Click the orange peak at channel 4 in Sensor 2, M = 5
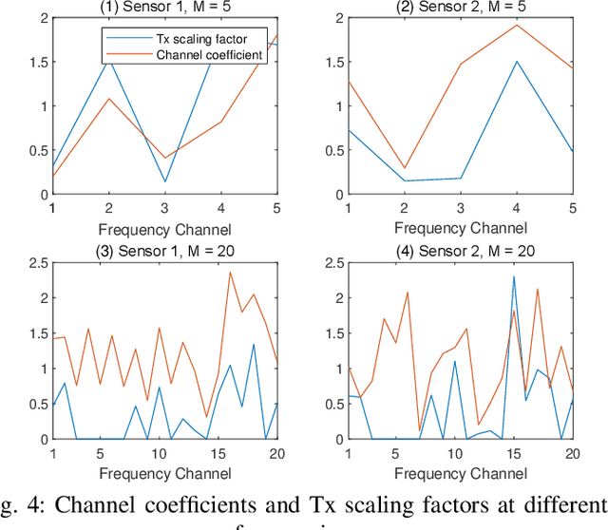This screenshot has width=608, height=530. (516, 25)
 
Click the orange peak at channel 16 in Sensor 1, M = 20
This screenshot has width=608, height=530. (229, 273)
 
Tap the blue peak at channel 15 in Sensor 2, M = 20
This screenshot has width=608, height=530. (514, 276)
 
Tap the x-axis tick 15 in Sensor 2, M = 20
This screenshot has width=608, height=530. (514, 452)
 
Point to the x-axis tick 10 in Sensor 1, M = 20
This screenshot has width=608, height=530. (158, 452)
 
